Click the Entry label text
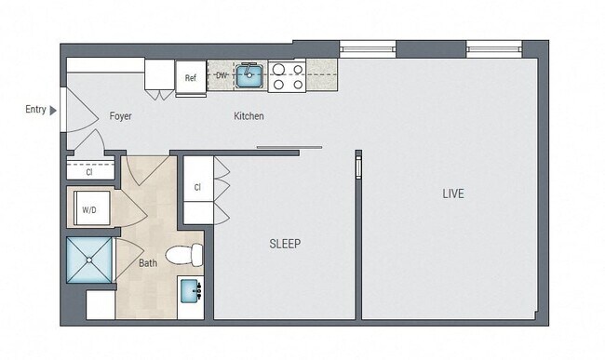(35, 110)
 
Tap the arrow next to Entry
(53, 110)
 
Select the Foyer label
(120, 116)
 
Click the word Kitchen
(249, 116)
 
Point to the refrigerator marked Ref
(190, 77)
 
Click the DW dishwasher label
(221, 75)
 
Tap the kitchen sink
(249, 75)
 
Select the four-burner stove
(287, 76)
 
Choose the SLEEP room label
(285, 244)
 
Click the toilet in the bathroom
(184, 253)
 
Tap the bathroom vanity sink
(193, 292)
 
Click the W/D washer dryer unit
(89, 209)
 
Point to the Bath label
(148, 263)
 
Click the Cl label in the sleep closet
(197, 187)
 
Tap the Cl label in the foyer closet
(89, 172)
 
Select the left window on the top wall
(368, 47)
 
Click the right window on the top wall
(492, 47)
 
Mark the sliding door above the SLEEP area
(289, 147)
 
